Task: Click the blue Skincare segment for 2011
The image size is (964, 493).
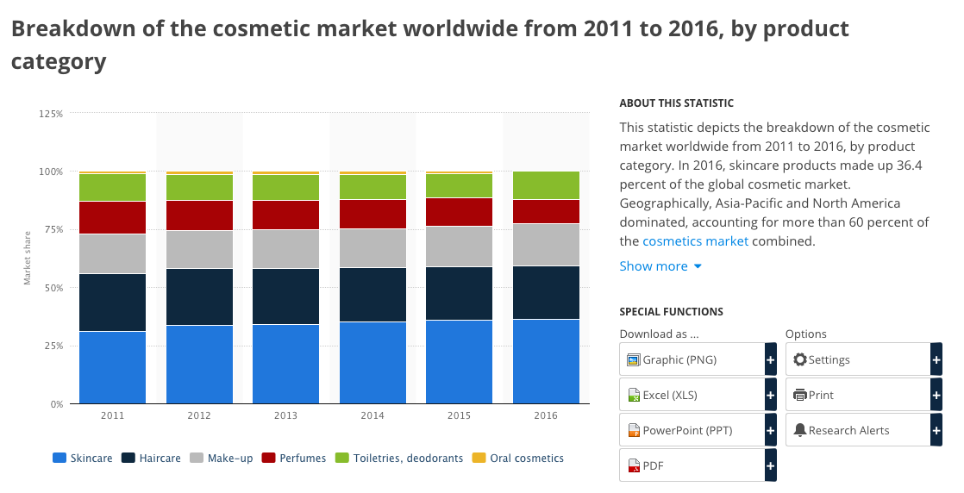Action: pyautogui.click(x=112, y=368)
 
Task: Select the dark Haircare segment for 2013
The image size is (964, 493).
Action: pyautogui.click(x=286, y=296)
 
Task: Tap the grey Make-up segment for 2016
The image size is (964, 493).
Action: pyautogui.click(x=546, y=245)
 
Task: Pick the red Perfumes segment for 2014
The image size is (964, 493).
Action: pyautogui.click(x=372, y=214)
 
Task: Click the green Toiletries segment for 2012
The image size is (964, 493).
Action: pyautogui.click(x=199, y=188)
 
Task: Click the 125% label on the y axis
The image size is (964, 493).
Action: pyautogui.click(x=50, y=114)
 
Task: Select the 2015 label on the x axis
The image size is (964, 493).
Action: pyautogui.click(x=460, y=415)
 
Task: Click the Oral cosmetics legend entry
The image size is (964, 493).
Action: pyautogui.click(x=517, y=458)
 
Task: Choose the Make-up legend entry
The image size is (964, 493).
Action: pyautogui.click(x=222, y=458)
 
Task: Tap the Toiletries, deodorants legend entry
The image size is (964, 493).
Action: pyautogui.click(x=399, y=458)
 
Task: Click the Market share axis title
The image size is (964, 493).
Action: pyautogui.click(x=27, y=259)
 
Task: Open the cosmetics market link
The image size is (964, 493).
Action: pyautogui.click(x=695, y=241)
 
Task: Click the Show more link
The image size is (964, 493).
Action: pyautogui.click(x=660, y=266)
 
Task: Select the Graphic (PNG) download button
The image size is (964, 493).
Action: pyautogui.click(x=698, y=359)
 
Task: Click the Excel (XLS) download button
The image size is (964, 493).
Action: pyautogui.click(x=698, y=395)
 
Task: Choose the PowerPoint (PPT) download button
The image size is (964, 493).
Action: pyautogui.click(x=698, y=430)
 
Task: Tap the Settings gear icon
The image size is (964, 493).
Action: pyautogui.click(x=800, y=359)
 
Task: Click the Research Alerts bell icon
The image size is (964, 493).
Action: pyautogui.click(x=800, y=430)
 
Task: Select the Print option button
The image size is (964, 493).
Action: pyautogui.click(x=864, y=395)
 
